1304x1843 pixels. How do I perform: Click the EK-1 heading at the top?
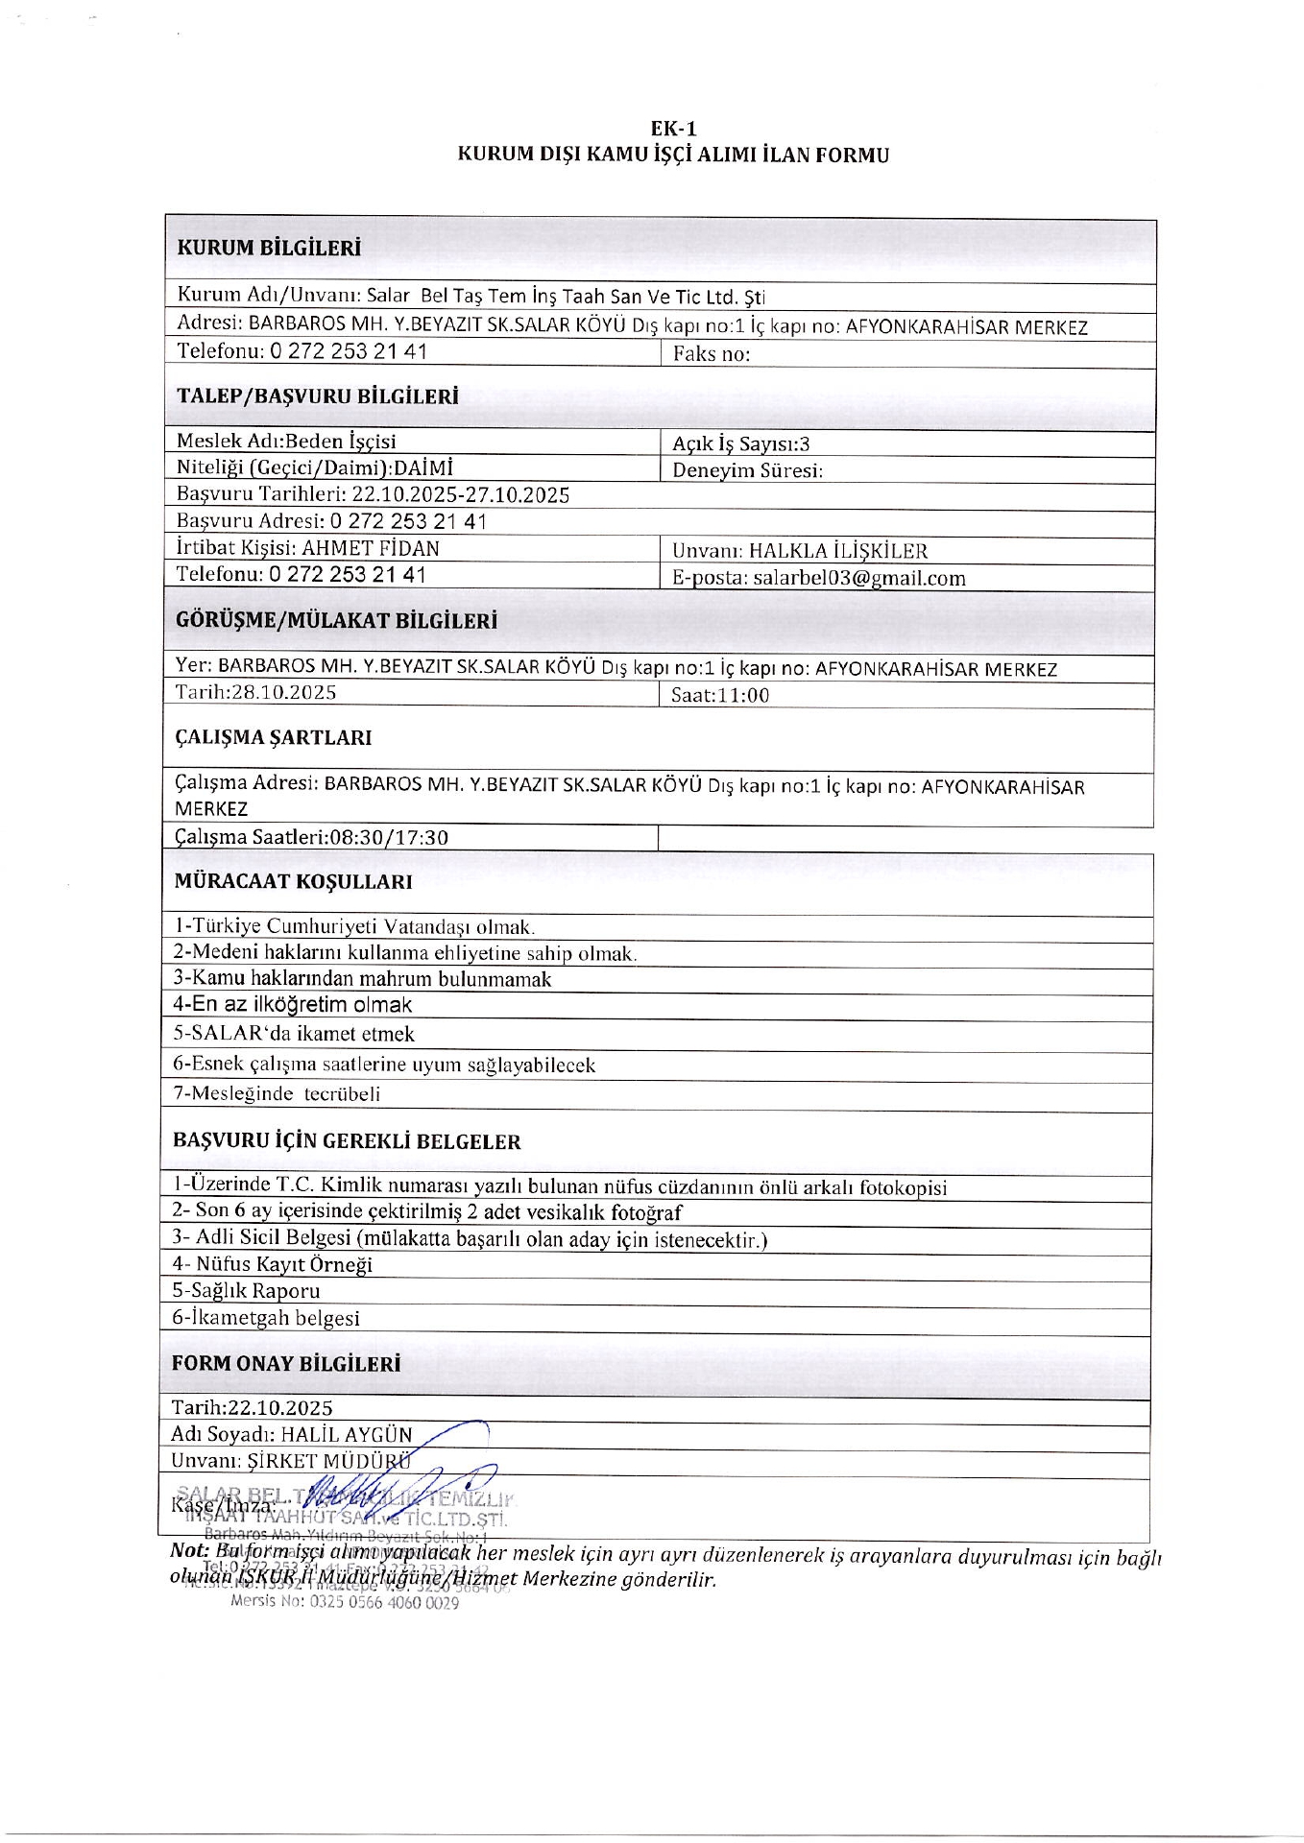(x=672, y=129)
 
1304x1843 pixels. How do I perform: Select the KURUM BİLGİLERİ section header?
(x=268, y=248)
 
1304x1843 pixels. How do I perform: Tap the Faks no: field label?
(x=712, y=354)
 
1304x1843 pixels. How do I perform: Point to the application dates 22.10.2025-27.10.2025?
(x=460, y=495)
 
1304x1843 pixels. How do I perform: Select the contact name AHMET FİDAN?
(x=370, y=548)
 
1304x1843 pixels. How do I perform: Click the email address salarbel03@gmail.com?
(x=858, y=578)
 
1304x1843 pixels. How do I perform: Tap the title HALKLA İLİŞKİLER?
(x=837, y=551)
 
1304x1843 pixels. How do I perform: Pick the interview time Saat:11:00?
(x=719, y=695)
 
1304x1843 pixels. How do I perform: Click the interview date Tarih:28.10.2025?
(x=255, y=692)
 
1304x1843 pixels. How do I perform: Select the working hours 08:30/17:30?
(x=388, y=837)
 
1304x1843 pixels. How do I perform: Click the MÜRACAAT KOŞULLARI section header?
(x=293, y=881)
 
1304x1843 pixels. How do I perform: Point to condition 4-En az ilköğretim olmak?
(x=292, y=1005)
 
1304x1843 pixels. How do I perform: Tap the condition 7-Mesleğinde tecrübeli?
(x=277, y=1093)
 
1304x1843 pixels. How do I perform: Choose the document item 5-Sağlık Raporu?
(x=246, y=1291)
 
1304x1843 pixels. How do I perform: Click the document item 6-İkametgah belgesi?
(x=266, y=1318)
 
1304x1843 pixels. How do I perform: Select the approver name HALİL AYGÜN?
(x=346, y=1434)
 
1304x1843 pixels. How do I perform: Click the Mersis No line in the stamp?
(x=345, y=1602)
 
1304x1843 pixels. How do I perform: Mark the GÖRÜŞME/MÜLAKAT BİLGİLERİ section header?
(x=336, y=621)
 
